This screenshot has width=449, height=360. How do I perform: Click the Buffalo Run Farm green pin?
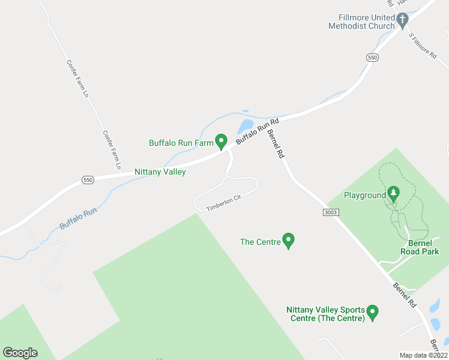pos(221,142)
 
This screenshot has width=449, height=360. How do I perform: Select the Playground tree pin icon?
pos(393,193)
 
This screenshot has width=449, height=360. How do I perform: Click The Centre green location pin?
pos(288,241)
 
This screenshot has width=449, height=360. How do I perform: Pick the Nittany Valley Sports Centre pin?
pos(372,312)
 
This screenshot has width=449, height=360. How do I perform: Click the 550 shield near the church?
pos(372,57)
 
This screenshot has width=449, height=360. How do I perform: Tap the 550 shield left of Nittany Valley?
pos(87,180)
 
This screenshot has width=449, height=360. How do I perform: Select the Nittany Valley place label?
pos(160,172)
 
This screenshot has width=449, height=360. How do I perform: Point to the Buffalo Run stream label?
pos(78,218)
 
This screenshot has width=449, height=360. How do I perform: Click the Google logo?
pos(20,353)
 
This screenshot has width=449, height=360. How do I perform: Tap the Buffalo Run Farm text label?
pos(181,143)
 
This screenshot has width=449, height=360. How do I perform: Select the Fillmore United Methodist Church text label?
pos(361,21)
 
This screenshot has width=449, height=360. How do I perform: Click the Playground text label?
pos(364,195)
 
